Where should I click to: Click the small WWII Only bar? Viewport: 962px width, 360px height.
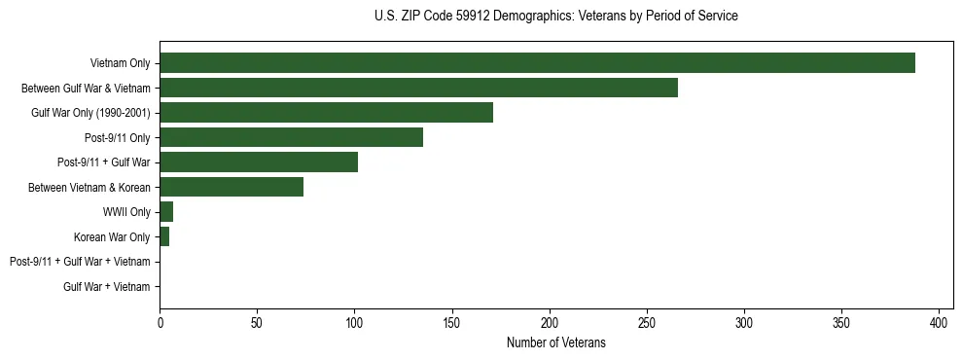tap(166, 212)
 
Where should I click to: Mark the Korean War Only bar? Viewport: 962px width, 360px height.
tap(164, 236)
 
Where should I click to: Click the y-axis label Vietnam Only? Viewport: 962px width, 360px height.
tap(120, 64)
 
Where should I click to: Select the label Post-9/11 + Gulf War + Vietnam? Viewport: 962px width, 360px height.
tap(80, 262)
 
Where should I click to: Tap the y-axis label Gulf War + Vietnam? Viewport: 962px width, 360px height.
tap(107, 287)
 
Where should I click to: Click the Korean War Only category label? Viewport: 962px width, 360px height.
tap(112, 237)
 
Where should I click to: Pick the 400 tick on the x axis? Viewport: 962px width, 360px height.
tap(939, 322)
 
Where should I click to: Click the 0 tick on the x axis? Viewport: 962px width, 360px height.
tap(160, 322)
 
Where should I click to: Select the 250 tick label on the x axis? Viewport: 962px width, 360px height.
tap(647, 322)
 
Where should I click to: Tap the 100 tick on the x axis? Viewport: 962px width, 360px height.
tap(354, 322)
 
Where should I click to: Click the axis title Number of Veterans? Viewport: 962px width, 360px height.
tap(555, 342)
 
